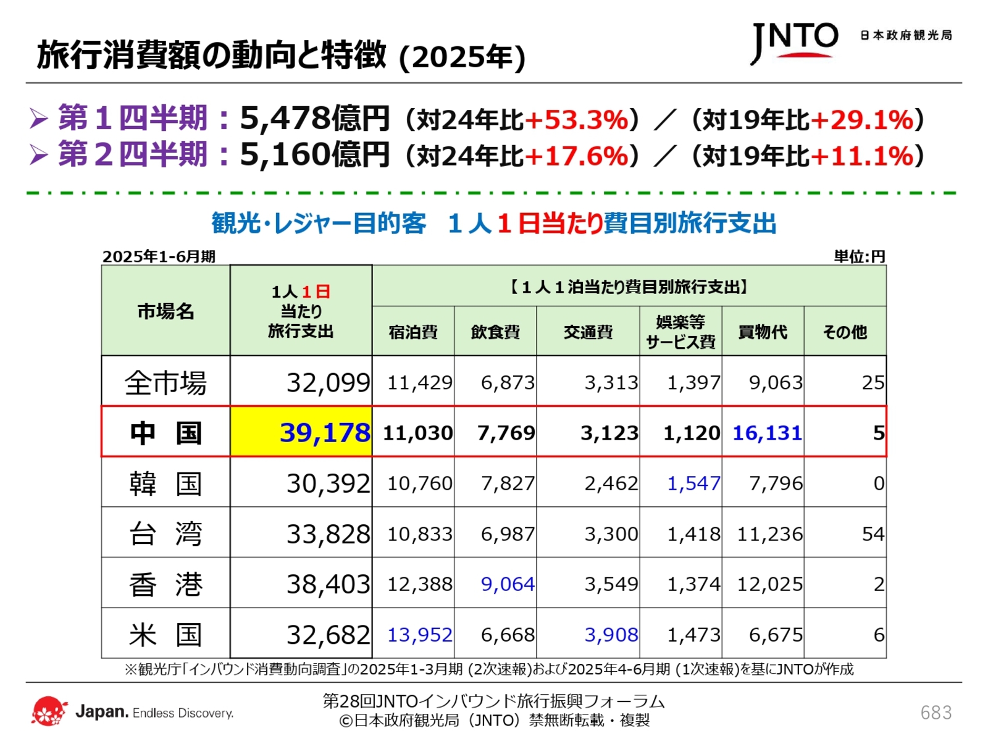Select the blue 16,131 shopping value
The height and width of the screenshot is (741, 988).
767,433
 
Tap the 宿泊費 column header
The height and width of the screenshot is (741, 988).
413,332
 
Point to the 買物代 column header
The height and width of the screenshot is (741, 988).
763,332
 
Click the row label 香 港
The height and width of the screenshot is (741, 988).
165,584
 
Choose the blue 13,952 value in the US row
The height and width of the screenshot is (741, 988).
419,634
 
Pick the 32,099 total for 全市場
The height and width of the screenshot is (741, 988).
328,382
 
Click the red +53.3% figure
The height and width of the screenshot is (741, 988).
576,119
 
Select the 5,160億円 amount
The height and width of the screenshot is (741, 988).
314,154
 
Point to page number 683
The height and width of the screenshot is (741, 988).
936,713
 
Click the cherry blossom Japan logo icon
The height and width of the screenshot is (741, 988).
49,711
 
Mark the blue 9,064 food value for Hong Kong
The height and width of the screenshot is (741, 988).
508,584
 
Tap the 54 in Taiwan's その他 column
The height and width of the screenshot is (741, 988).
873,534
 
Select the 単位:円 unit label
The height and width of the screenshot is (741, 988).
859,256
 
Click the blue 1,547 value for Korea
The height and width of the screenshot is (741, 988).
693,483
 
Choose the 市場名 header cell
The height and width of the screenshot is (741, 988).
165,311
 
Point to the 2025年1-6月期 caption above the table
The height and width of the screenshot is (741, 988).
159,256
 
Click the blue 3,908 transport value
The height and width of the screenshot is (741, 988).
611,634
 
